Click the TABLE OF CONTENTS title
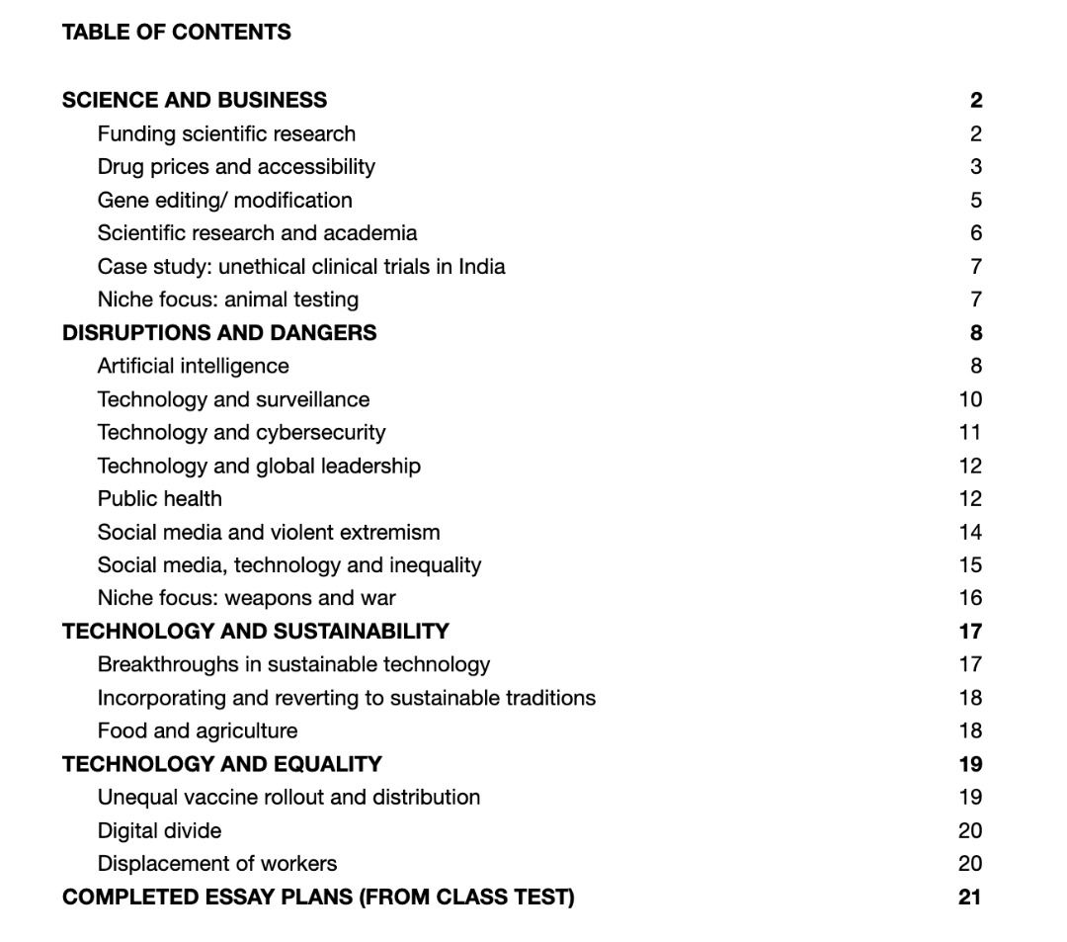176,33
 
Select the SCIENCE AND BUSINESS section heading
195,100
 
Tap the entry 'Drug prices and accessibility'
236,166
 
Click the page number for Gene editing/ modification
975,200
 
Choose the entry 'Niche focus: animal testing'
227,300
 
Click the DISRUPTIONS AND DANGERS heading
219,332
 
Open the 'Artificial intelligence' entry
193,366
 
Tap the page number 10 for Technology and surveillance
970,399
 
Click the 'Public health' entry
159,498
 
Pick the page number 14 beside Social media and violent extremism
970,532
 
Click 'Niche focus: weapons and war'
246,598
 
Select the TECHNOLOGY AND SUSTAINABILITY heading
255,631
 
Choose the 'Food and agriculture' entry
197,730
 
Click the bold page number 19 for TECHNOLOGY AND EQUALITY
970,764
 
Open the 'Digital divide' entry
159,830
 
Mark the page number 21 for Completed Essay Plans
969,897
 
